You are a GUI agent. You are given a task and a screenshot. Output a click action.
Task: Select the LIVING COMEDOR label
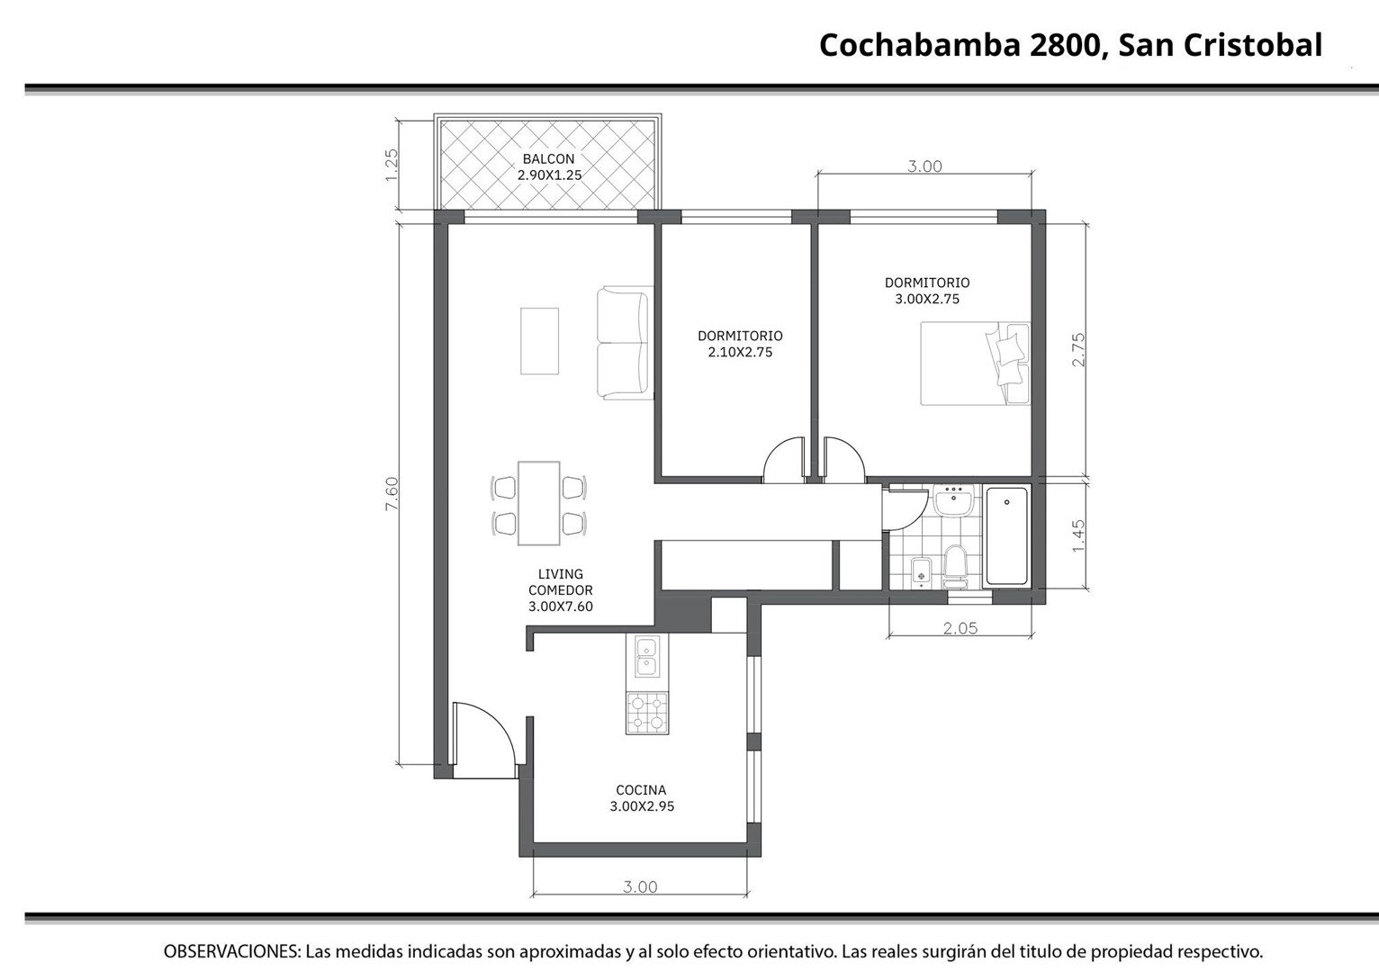[x=560, y=590]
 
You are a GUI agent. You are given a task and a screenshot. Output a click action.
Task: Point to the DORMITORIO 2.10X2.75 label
[x=740, y=344]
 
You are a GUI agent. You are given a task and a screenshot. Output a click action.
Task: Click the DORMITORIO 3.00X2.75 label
[x=927, y=291]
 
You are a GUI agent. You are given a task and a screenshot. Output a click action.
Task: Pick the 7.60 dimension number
[x=392, y=493]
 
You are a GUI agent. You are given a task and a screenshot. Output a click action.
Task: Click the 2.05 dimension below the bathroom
[x=960, y=627]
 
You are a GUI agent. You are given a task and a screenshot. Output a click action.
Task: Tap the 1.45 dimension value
[x=1078, y=536]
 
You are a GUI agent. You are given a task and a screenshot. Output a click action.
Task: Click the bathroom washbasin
[x=953, y=499]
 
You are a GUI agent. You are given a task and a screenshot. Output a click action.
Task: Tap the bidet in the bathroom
[x=922, y=571]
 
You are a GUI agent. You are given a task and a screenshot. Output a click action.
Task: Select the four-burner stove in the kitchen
[x=647, y=713]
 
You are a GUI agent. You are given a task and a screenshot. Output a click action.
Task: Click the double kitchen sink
[x=647, y=657]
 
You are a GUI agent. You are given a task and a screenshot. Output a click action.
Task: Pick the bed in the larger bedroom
[x=975, y=363]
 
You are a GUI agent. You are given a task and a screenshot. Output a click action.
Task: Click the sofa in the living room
[x=625, y=343]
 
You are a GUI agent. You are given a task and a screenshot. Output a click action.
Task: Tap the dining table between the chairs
[x=538, y=503]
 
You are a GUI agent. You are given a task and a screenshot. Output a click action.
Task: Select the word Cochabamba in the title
[x=920, y=46]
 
